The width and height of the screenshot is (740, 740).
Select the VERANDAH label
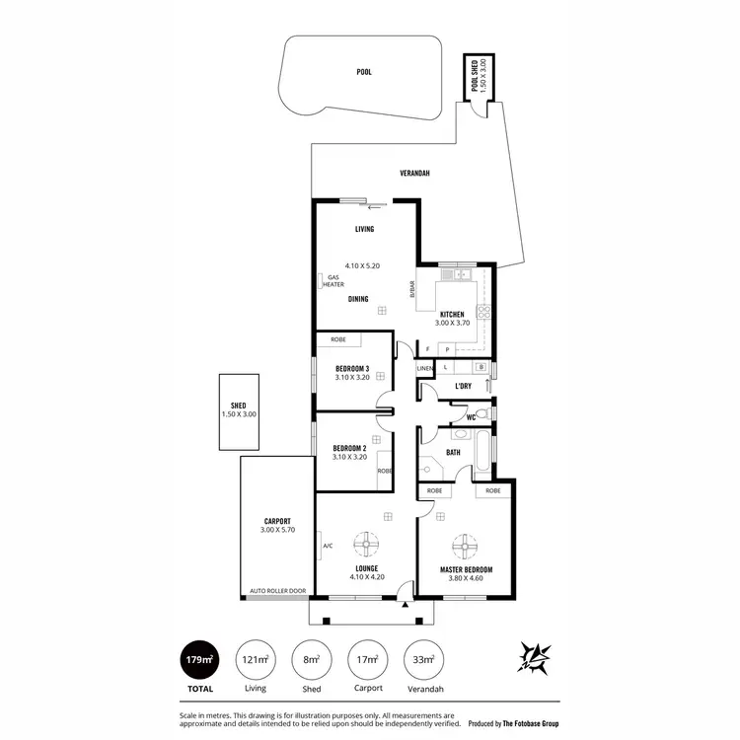414,173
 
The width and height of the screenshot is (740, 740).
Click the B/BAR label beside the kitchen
411,289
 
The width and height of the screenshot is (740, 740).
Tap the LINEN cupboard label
424,368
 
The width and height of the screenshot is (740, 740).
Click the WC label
471,417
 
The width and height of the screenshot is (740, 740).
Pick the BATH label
453,452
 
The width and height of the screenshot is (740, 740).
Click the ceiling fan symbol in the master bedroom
465,545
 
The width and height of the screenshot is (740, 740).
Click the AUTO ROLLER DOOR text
277,591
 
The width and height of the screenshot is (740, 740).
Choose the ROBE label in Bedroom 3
337,339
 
